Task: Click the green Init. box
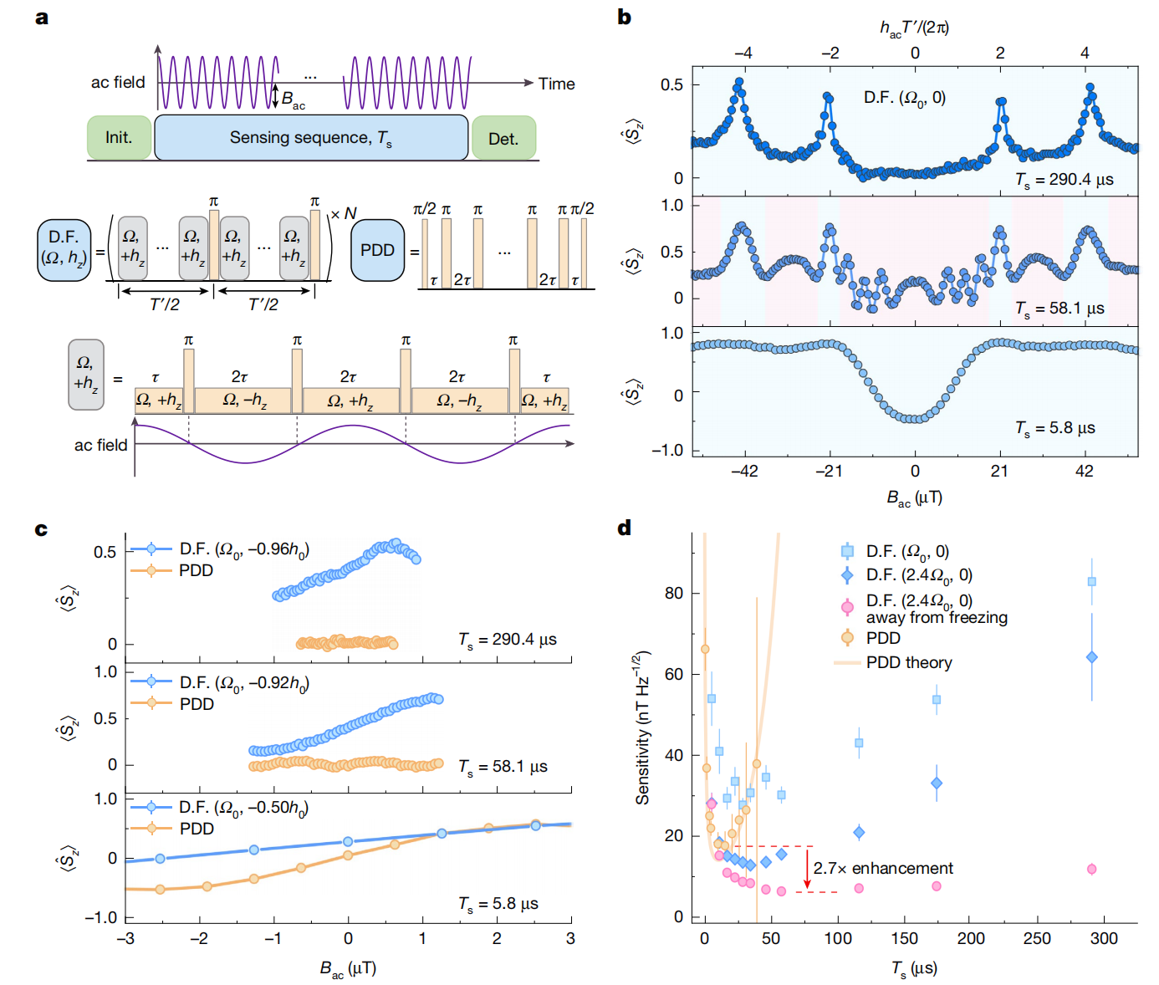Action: pyautogui.click(x=119, y=137)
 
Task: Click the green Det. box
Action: pyautogui.click(x=503, y=138)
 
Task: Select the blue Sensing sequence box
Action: pyautogui.click(x=311, y=137)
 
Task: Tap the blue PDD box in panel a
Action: pyautogui.click(x=377, y=250)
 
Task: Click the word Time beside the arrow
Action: pyautogui.click(x=556, y=84)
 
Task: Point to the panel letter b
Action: pyautogui.click(x=624, y=18)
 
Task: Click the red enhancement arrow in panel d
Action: pyautogui.click(x=807, y=869)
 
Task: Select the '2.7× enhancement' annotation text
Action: pyautogui.click(x=883, y=869)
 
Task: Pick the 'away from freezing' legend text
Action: pyautogui.click(x=937, y=618)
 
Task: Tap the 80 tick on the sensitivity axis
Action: pyautogui.click(x=673, y=593)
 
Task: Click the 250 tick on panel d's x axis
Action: pyautogui.click(x=1037, y=938)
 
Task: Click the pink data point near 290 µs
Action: pyautogui.click(x=1092, y=870)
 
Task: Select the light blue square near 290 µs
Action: pyautogui.click(x=1092, y=582)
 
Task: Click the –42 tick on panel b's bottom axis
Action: pyautogui.click(x=744, y=471)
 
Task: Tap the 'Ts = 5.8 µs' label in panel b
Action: pyautogui.click(x=1054, y=428)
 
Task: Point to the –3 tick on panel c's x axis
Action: pyautogui.click(x=125, y=939)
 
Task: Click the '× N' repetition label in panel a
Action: pyautogui.click(x=344, y=213)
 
